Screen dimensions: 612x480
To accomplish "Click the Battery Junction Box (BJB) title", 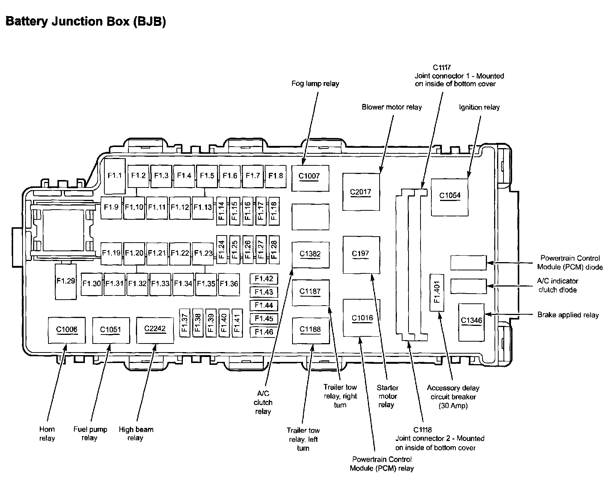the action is (86, 22).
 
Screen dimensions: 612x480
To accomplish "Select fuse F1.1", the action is (115, 176).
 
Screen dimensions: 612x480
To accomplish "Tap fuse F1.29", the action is (66, 282).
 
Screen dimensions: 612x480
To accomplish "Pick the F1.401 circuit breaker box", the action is (437, 292).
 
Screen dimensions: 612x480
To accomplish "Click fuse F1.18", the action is (274, 211).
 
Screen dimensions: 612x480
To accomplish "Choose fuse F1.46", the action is (264, 332).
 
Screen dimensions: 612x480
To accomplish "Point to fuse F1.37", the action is (184, 323).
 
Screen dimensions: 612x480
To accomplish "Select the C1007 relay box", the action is (310, 178).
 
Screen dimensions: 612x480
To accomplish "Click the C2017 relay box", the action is (361, 192).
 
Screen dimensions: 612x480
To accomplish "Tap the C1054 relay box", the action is (450, 197).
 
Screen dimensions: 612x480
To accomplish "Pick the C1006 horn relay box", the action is (67, 330).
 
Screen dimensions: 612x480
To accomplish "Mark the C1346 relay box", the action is (472, 322).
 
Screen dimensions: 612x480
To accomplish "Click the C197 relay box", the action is (361, 255).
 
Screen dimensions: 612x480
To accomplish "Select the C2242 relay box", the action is (155, 330).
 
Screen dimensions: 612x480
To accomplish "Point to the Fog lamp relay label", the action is (315, 84).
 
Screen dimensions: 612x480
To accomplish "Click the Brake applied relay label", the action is (568, 315).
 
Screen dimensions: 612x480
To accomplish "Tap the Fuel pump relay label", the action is (90, 433).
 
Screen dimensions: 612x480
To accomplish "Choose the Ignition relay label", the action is (479, 107).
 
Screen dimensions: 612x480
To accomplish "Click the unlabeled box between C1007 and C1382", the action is (311, 217).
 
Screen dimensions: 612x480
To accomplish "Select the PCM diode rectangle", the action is (468, 262).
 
